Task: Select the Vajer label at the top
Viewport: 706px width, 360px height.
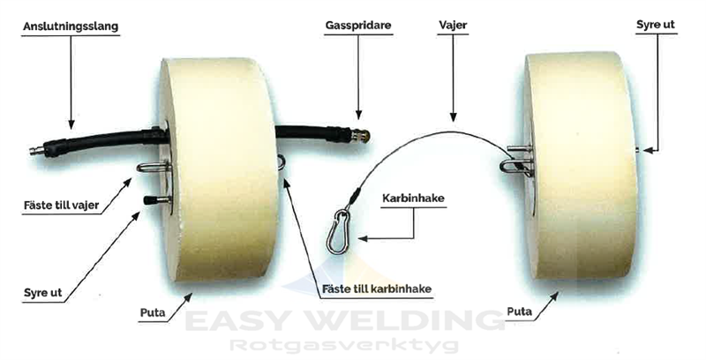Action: pos(452,26)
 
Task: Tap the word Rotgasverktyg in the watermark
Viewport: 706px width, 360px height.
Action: pos(352,345)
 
